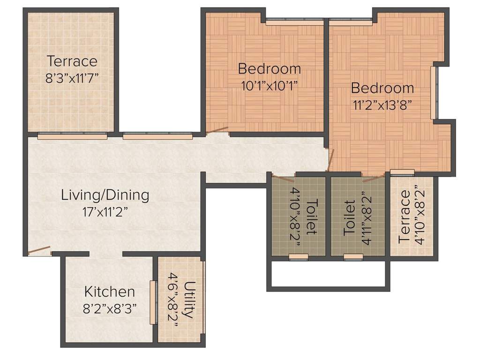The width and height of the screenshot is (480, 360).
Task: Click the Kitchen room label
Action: (109, 292)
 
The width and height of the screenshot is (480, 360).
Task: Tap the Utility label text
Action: (188, 300)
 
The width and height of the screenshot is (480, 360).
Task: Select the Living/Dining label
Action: (105, 195)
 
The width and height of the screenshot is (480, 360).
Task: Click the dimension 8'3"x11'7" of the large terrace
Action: (72, 77)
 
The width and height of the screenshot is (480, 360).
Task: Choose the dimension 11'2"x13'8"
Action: (382, 104)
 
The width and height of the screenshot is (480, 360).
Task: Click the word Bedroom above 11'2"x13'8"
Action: (382, 88)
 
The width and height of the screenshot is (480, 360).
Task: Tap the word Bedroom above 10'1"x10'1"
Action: (269, 69)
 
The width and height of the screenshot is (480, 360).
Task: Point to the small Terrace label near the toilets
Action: (404, 216)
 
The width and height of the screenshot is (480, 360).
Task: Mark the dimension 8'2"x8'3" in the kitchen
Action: (109, 309)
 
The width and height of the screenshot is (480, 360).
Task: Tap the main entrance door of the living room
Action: (39, 251)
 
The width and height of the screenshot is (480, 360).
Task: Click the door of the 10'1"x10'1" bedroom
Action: (217, 131)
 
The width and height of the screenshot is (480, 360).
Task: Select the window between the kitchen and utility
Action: (152, 302)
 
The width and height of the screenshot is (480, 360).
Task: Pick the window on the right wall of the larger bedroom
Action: (434, 93)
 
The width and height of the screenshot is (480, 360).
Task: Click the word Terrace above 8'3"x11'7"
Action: (72, 61)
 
